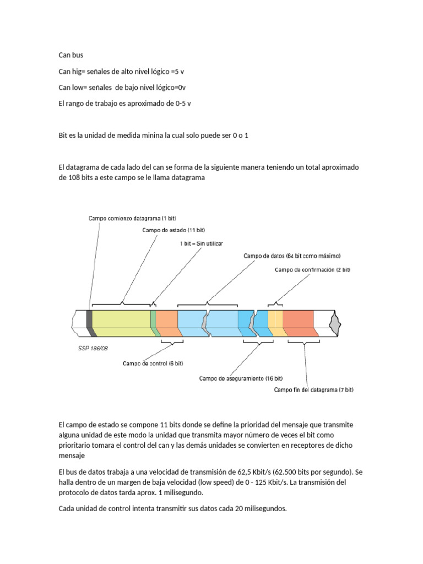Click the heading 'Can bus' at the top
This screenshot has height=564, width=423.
tap(70, 55)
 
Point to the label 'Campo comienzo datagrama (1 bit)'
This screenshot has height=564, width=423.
tap(132, 218)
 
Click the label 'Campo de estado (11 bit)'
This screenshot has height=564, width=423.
tap(173, 230)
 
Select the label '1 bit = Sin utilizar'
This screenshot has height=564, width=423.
tap(202, 243)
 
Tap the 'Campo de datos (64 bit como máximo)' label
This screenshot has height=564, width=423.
tap(292, 256)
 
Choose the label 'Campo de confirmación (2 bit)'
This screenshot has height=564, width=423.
tap(312, 270)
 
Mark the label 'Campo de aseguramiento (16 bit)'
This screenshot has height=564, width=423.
tap(241, 378)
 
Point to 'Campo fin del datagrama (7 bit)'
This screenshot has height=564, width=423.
tap(313, 390)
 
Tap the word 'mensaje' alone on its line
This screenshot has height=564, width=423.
tap(71, 457)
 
